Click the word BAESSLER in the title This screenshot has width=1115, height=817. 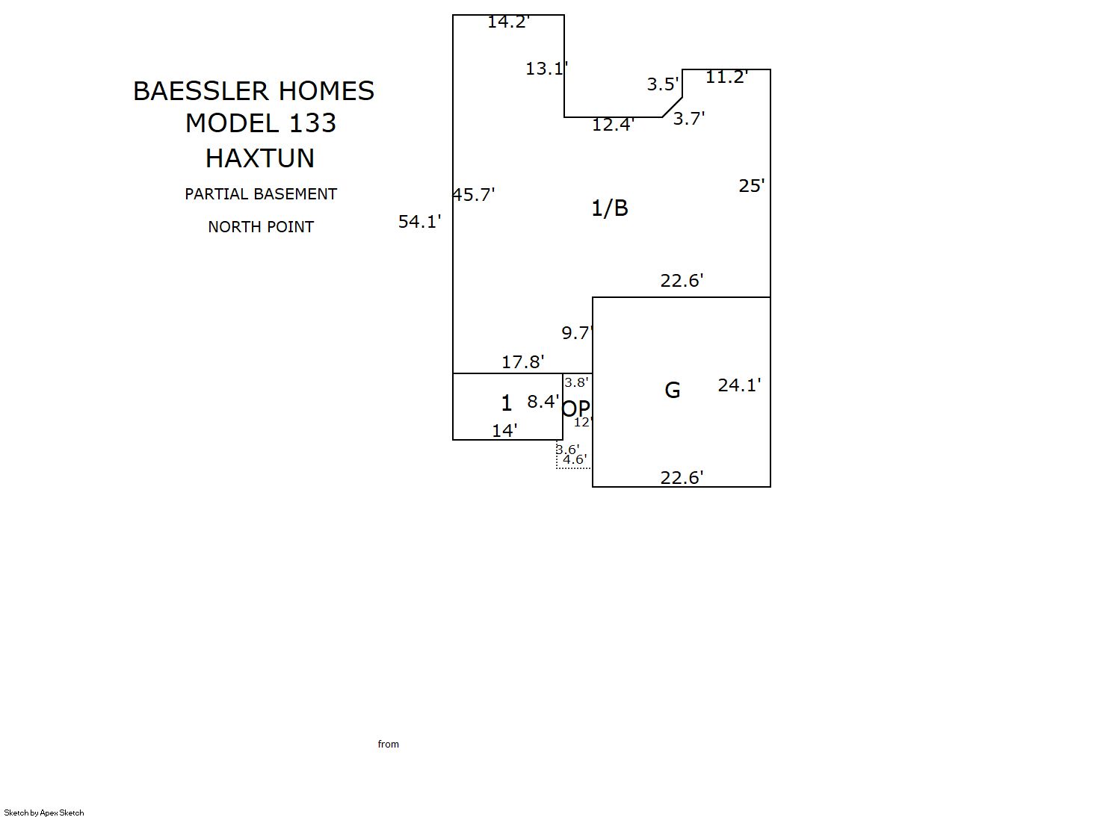[201, 91]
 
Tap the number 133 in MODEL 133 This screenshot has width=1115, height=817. [312, 123]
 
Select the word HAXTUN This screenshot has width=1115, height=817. [260, 158]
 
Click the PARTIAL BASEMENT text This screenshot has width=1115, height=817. [261, 194]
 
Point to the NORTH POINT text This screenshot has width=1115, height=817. [261, 227]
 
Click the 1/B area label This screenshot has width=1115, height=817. [610, 208]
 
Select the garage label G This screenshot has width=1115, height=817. [673, 390]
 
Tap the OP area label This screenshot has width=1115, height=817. [576, 409]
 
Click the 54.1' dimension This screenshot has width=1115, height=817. [419, 221]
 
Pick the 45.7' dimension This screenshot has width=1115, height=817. [473, 195]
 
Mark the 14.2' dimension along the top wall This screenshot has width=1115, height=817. [508, 22]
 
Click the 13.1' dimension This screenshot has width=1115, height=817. [546, 69]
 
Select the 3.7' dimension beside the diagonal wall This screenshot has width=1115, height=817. [689, 119]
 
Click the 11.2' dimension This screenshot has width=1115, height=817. [726, 77]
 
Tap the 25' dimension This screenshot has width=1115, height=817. [752, 186]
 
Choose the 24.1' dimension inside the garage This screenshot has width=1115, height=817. [739, 385]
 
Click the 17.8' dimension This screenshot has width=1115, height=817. [522, 362]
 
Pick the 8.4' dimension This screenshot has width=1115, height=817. [543, 402]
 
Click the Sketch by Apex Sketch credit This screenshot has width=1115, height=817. [44, 813]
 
